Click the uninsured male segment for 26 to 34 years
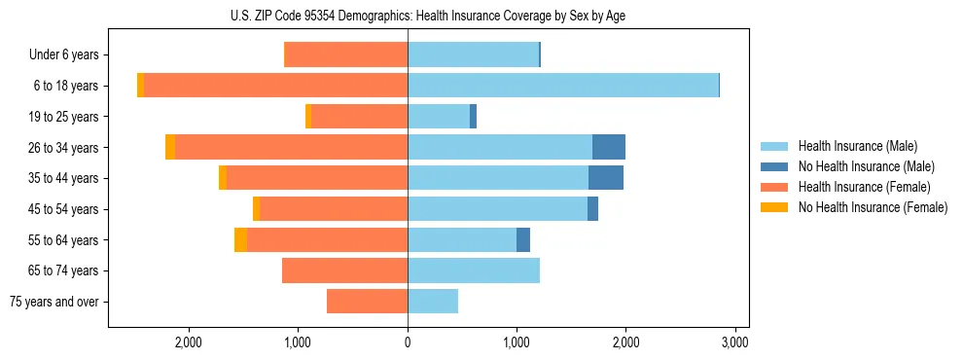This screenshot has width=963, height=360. (x=609, y=147)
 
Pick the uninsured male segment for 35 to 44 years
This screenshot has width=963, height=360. (x=606, y=178)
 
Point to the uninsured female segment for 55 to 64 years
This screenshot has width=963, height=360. (x=240, y=239)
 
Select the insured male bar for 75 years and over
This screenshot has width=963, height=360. (x=433, y=301)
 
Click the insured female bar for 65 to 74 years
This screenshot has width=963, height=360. (x=344, y=270)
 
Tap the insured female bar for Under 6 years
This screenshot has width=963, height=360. (x=345, y=54)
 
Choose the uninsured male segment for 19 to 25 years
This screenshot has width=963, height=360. (x=474, y=117)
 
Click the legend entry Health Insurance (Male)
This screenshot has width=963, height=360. (x=857, y=146)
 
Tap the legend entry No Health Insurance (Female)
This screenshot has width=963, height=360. (x=873, y=207)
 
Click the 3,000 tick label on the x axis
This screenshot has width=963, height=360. (x=735, y=342)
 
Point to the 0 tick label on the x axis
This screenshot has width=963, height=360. (x=408, y=342)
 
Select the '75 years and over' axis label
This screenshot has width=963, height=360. (x=54, y=302)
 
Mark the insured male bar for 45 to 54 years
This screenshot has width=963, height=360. (x=497, y=208)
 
